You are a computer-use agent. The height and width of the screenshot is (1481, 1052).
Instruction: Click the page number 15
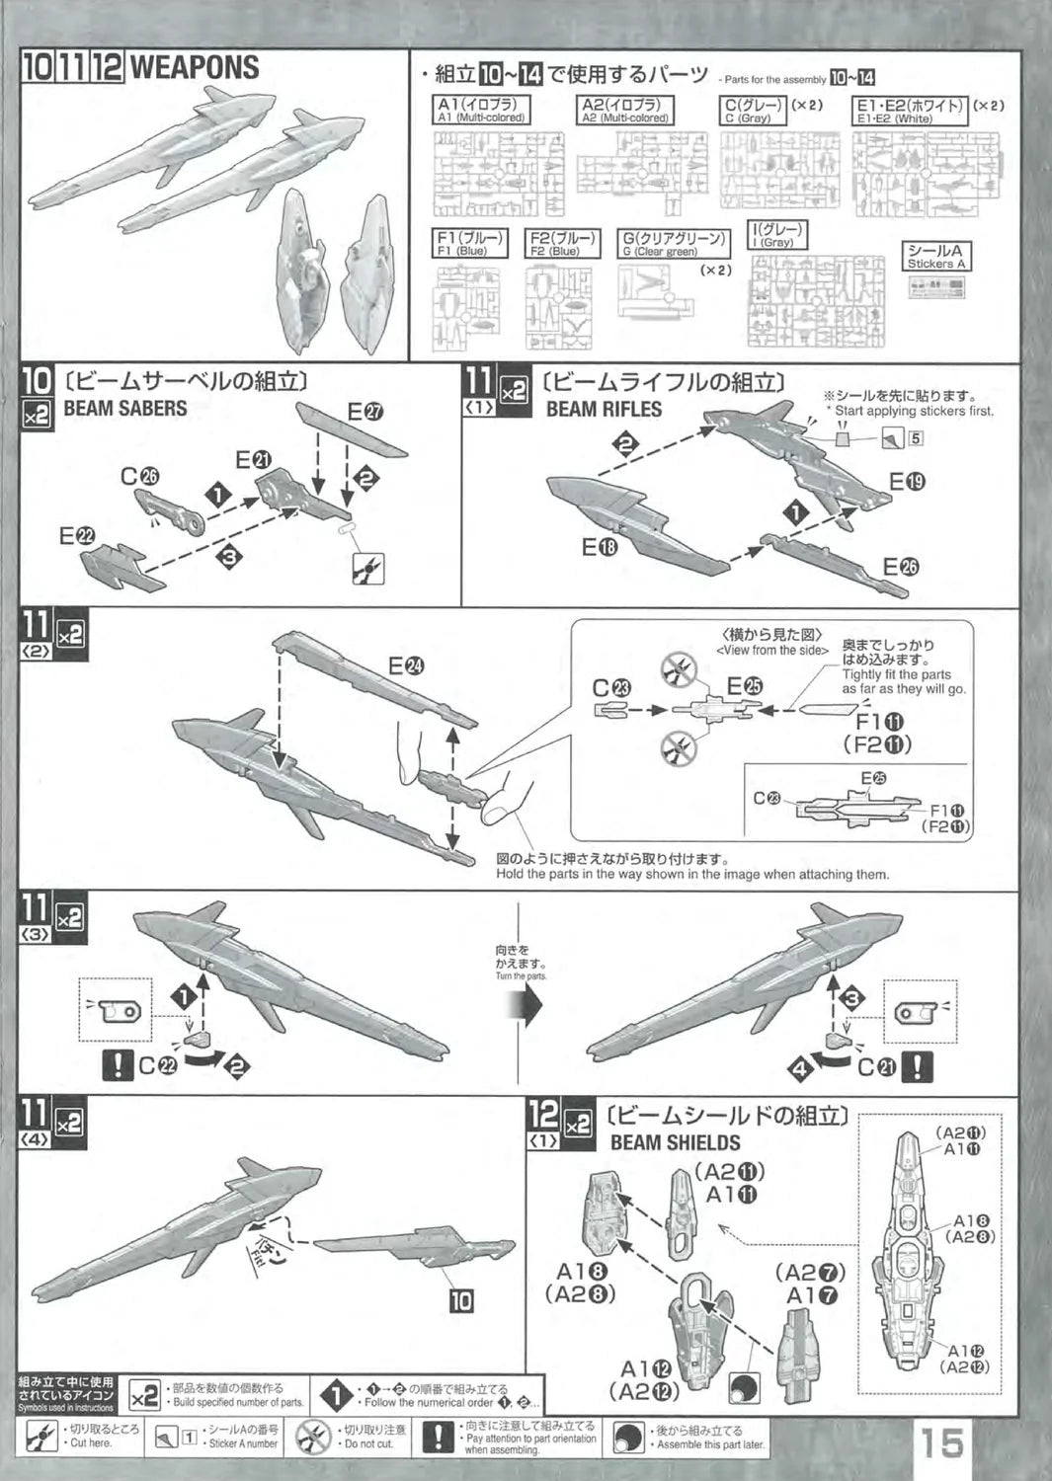click(942, 1443)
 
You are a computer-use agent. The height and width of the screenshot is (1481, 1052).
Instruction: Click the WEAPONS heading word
click(195, 68)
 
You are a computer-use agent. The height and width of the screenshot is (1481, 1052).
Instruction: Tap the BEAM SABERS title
click(124, 408)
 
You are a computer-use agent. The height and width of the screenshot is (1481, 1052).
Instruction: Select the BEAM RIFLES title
click(604, 409)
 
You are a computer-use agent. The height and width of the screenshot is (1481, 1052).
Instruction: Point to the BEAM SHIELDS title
click(675, 1142)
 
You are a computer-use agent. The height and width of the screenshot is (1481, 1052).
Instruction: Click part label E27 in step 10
click(365, 412)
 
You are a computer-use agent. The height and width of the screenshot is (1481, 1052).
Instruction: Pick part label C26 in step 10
click(139, 476)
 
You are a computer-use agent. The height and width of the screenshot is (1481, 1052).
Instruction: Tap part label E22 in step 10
click(77, 535)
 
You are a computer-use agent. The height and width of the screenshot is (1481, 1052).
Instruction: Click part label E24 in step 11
click(406, 665)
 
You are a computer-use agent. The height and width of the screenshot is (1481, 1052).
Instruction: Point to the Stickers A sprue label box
click(936, 257)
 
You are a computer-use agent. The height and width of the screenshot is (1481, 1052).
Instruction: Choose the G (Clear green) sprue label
click(674, 244)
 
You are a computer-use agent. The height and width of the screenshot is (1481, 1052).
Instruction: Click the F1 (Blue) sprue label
click(471, 243)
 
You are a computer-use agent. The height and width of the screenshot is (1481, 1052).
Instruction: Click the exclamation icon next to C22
click(118, 1065)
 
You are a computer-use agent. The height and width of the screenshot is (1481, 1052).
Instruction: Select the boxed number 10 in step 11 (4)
click(461, 1300)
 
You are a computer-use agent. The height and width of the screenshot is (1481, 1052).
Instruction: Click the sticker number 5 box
click(916, 437)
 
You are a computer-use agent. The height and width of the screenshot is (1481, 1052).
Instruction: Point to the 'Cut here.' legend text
click(91, 1442)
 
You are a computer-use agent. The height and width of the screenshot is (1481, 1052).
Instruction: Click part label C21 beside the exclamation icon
click(876, 1066)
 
